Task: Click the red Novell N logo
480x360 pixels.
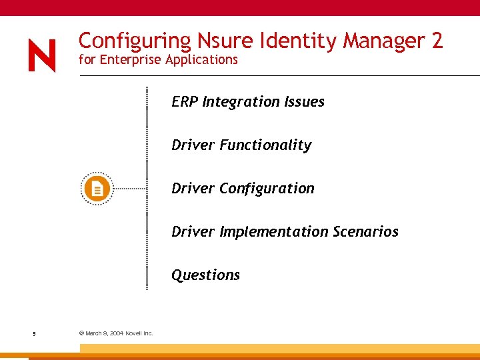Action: click(42, 55)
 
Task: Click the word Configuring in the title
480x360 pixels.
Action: click(135, 42)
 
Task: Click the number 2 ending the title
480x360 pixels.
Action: click(437, 41)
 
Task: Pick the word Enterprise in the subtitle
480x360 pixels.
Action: click(130, 60)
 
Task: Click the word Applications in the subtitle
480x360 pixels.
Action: click(201, 60)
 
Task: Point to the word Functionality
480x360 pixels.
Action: click(265, 145)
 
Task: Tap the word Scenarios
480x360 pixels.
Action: click(365, 231)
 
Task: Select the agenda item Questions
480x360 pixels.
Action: click(205, 275)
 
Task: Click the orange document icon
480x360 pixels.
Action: click(97, 189)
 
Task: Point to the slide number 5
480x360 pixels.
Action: click(33, 333)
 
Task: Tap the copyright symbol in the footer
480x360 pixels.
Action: click(81, 333)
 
